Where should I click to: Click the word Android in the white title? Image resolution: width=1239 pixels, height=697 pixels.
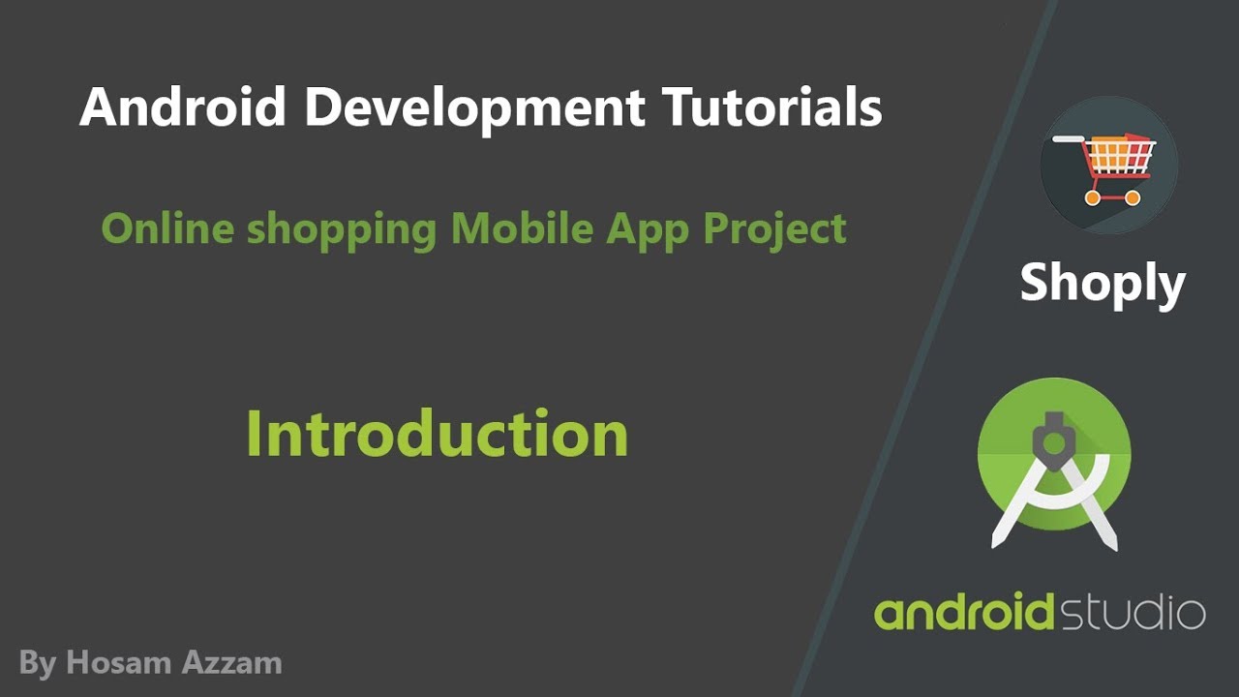(x=183, y=107)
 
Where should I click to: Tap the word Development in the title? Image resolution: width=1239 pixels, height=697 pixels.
(x=474, y=107)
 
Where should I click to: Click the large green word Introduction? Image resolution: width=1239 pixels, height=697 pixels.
(x=437, y=433)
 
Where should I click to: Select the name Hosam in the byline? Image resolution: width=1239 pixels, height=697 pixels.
(x=119, y=663)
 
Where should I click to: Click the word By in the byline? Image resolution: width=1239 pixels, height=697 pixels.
(x=37, y=664)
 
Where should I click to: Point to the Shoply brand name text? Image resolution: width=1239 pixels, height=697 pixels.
(x=1103, y=283)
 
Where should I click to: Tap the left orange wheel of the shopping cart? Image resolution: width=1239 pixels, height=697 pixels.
(x=1093, y=197)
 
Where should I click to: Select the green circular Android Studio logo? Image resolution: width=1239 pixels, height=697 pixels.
(x=1054, y=455)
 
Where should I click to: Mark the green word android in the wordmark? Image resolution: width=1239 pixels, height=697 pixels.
(x=964, y=613)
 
